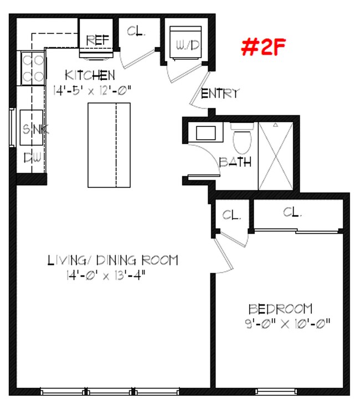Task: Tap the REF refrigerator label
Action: pyautogui.click(x=97, y=40)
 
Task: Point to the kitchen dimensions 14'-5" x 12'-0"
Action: pyautogui.click(x=92, y=89)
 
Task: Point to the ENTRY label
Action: pyautogui.click(x=220, y=93)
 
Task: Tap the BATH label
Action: pyautogui.click(x=235, y=162)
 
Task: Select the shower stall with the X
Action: pyautogui.click(x=275, y=155)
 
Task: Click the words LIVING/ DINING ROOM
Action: pyautogui.click(x=112, y=260)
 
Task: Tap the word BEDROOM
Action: pyautogui.click(x=280, y=309)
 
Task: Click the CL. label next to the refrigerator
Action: pyautogui.click(x=136, y=32)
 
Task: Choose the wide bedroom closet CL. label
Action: pyautogui.click(x=292, y=212)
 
